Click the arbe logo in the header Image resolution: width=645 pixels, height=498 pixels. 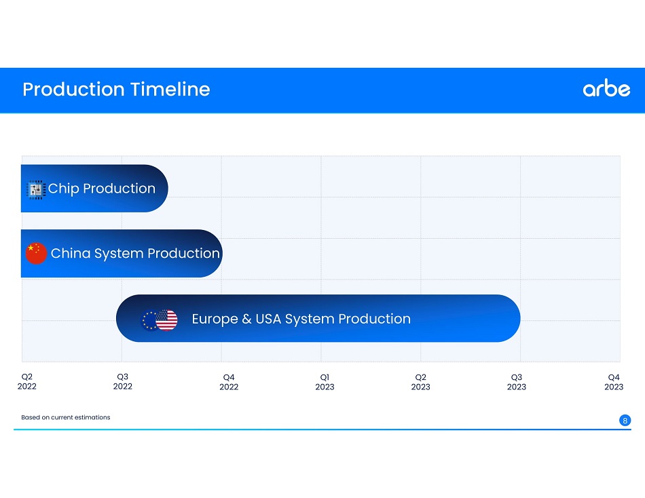tap(606, 88)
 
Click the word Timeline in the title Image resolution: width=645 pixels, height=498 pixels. tap(170, 90)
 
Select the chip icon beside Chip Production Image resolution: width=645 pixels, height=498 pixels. tap(36, 189)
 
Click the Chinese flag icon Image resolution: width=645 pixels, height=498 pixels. tap(36, 253)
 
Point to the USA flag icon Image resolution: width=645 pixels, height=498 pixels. tap(166, 320)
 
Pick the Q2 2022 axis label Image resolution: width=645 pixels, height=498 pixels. tap(26, 381)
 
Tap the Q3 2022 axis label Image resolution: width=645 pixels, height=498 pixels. tap(123, 381)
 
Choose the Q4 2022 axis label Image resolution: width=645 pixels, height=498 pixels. tap(229, 382)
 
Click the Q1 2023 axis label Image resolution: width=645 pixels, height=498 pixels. tap(325, 382)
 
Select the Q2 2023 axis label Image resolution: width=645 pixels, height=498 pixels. tap(420, 382)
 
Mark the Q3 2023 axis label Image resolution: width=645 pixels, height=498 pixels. tap(516, 382)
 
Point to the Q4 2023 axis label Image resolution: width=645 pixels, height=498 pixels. tap(614, 382)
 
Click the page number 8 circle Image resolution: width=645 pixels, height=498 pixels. tap(625, 420)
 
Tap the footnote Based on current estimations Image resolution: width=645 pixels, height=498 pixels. tap(66, 417)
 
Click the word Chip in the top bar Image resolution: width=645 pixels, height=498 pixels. tap(63, 189)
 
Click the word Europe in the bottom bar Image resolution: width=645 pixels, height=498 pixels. tap(215, 319)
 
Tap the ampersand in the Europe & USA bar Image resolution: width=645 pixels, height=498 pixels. tap(247, 319)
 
